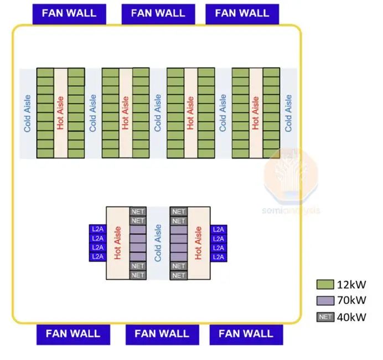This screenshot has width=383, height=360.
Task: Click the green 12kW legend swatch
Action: coord(325,285)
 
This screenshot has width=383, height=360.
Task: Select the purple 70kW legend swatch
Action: coord(325,301)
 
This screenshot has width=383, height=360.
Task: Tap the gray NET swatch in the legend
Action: coord(325,317)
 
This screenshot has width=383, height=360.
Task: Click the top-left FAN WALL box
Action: coord(69,13)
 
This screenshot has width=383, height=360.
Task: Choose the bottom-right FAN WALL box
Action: coord(246,334)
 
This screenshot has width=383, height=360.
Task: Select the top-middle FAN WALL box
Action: coord(158,13)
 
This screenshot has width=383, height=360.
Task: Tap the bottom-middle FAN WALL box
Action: coord(162,334)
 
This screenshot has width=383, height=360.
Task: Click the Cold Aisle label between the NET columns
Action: coord(158,243)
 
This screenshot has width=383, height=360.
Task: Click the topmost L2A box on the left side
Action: coord(97,229)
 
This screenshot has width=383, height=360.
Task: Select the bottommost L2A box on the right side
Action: coord(219,257)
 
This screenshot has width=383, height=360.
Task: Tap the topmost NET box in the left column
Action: coord(138,212)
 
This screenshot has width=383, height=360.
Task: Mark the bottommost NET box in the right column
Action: coord(178,275)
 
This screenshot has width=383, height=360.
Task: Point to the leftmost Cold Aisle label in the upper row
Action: coord(28,113)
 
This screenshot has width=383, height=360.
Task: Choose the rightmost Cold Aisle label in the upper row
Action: coord(288,113)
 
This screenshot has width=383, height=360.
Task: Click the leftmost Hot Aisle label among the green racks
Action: coord(60,113)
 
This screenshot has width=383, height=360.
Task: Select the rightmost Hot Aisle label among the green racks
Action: coord(255,113)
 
